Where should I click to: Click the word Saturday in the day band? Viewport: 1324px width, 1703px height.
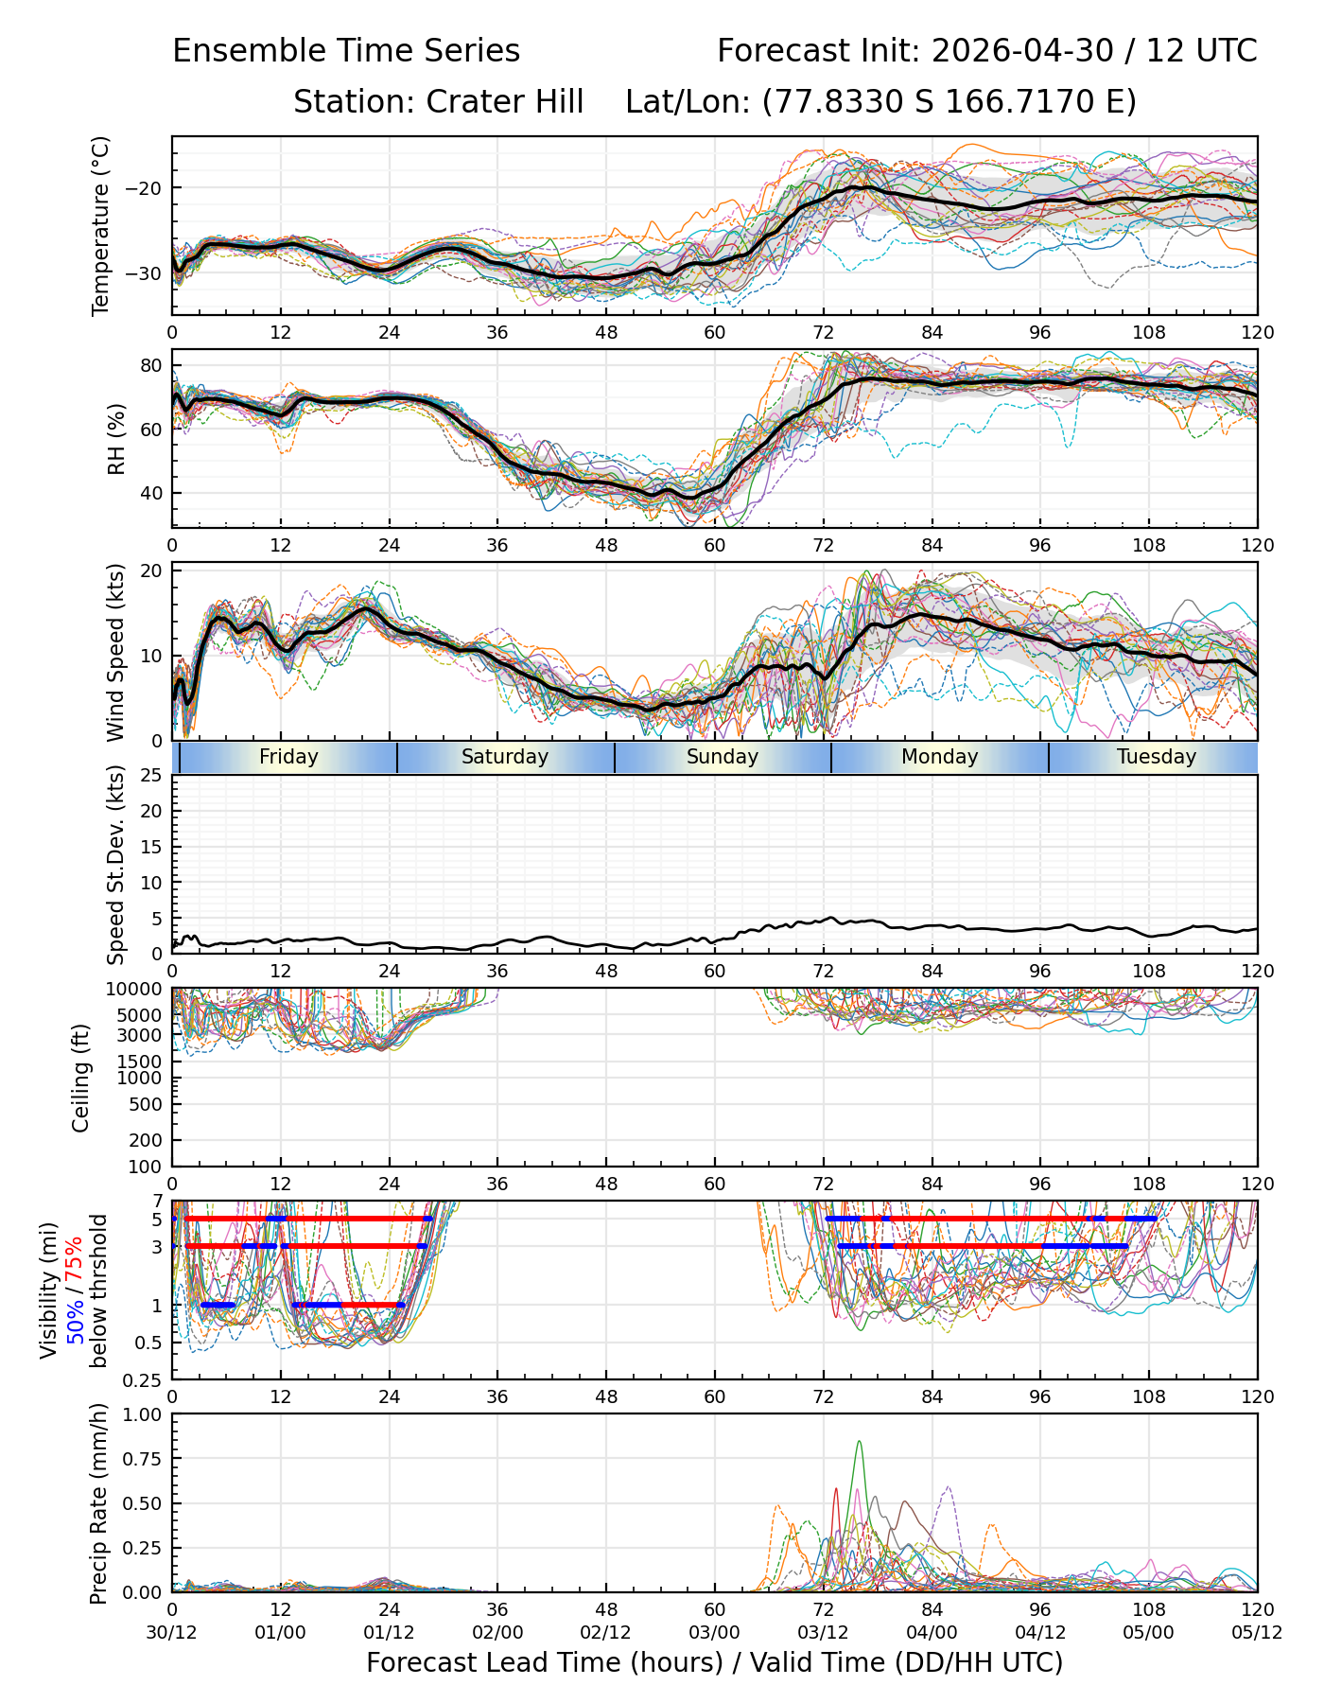click(505, 757)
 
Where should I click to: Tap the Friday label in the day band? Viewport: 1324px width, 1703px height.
click(288, 757)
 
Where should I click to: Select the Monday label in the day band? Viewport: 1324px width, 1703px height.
click(939, 757)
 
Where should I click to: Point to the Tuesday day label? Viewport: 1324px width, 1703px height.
click(1157, 757)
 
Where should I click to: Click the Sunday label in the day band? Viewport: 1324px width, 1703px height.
click(723, 757)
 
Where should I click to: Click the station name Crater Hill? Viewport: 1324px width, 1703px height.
click(505, 101)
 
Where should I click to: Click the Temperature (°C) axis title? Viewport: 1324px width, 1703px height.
click(101, 225)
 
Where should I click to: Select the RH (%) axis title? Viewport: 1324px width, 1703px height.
click(116, 438)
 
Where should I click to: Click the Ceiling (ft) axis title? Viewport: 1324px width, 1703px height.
click(81, 1078)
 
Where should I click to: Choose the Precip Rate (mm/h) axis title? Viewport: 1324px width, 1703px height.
click(98, 1503)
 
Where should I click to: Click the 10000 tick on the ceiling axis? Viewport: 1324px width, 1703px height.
click(139, 990)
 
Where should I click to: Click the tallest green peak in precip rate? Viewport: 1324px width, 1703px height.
click(859, 1442)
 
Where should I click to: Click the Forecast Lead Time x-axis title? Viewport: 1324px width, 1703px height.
click(714, 1662)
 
